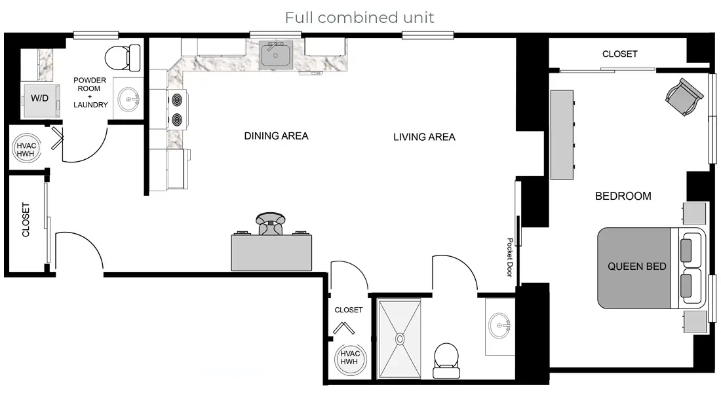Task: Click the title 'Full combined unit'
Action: click(359, 17)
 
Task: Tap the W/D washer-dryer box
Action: click(40, 99)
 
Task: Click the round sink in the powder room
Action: click(128, 100)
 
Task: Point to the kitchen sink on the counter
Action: click(276, 54)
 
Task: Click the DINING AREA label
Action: click(276, 136)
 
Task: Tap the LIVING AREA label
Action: click(424, 137)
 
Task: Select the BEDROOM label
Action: click(623, 196)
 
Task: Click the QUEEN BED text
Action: click(636, 267)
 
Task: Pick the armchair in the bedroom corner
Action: click(683, 97)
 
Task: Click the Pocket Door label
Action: click(509, 257)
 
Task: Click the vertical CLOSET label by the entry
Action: click(26, 219)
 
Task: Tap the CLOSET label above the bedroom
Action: click(619, 54)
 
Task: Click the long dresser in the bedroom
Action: click(562, 134)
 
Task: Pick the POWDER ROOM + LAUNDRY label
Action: click(90, 92)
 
